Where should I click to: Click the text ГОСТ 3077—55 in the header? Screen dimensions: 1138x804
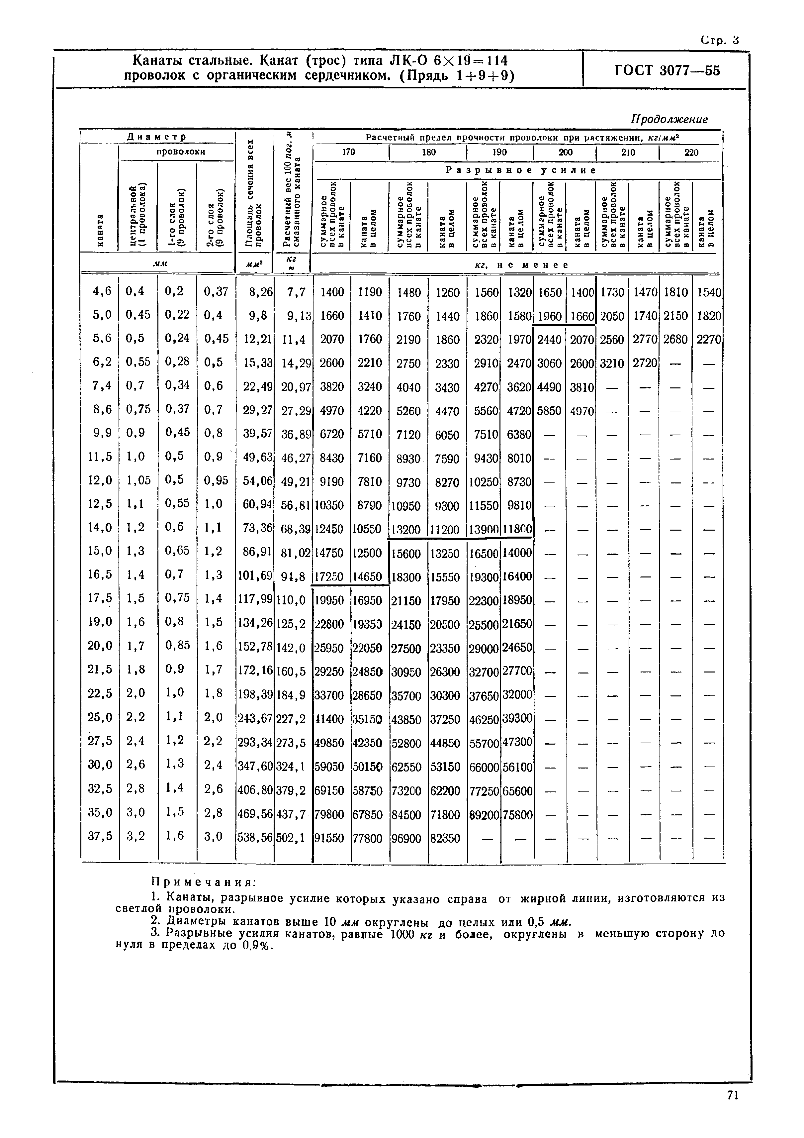coord(667,70)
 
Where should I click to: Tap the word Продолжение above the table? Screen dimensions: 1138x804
coord(669,120)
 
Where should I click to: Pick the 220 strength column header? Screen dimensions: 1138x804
coord(691,152)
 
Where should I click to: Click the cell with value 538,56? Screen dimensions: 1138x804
coord(255,838)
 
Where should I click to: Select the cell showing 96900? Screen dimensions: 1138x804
coord(406,838)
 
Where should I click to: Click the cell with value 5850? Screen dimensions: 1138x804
coord(549,410)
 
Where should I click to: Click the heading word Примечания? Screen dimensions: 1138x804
coord(203,882)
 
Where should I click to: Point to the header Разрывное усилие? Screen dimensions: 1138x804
coord(521,170)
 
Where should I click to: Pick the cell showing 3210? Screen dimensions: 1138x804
coord(612,363)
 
